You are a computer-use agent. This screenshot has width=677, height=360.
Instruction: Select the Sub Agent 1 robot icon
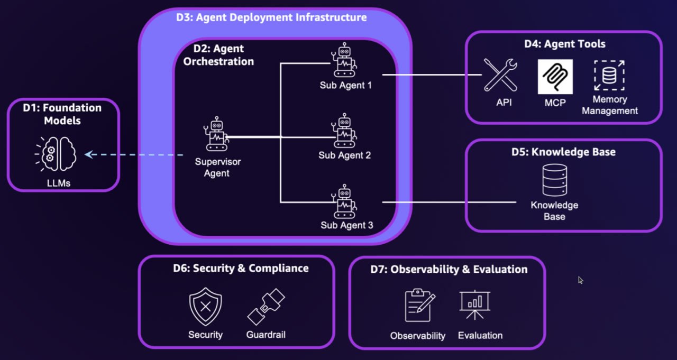(x=344, y=61)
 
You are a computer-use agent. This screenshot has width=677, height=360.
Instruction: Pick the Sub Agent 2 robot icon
(x=345, y=131)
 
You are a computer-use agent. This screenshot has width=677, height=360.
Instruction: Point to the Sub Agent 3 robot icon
(x=344, y=201)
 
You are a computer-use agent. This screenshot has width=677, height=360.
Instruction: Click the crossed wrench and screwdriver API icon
(x=500, y=75)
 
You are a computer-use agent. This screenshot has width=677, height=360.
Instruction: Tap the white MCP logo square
(x=555, y=77)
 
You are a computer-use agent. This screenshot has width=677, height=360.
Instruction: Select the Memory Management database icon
(x=609, y=75)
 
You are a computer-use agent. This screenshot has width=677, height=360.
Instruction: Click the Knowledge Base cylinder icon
(x=554, y=180)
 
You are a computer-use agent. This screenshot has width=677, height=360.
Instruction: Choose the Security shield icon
(x=205, y=306)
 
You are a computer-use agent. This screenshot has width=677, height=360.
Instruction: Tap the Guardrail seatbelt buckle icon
(x=266, y=307)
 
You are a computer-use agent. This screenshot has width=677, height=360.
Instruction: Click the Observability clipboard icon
(x=419, y=306)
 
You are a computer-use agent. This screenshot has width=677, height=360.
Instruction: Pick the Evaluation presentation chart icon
(x=474, y=305)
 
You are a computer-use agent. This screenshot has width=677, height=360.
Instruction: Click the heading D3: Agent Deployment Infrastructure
(x=271, y=17)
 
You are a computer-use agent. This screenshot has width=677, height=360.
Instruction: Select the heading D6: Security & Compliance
(x=241, y=268)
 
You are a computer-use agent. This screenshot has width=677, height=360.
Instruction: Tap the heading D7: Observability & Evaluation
(x=449, y=270)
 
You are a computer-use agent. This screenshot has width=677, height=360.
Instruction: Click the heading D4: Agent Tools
(x=565, y=44)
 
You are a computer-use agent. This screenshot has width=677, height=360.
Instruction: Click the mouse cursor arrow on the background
(x=581, y=280)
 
